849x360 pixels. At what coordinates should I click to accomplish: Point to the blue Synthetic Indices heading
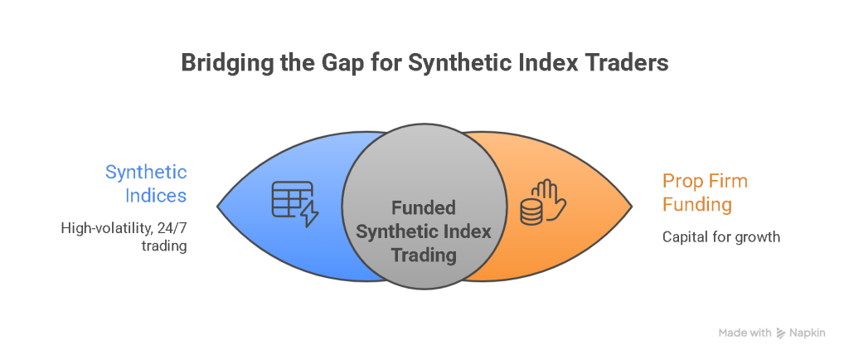point(146,184)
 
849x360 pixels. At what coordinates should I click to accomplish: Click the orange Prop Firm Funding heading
point(706,192)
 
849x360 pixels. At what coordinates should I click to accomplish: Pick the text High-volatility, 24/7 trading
point(124,236)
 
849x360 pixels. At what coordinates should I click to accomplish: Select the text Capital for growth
point(721,236)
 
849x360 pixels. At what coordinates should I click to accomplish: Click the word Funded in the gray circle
point(424,207)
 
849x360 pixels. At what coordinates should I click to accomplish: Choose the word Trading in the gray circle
point(424,255)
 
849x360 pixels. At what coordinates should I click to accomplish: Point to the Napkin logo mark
point(781,333)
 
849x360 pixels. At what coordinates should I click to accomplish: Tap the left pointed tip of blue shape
point(218,205)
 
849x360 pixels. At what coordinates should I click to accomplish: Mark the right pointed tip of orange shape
point(631,205)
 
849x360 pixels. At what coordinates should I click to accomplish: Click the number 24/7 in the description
point(170,226)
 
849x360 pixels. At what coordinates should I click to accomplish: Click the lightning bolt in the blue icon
point(308,214)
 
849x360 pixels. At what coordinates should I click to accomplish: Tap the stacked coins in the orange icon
point(531,212)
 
